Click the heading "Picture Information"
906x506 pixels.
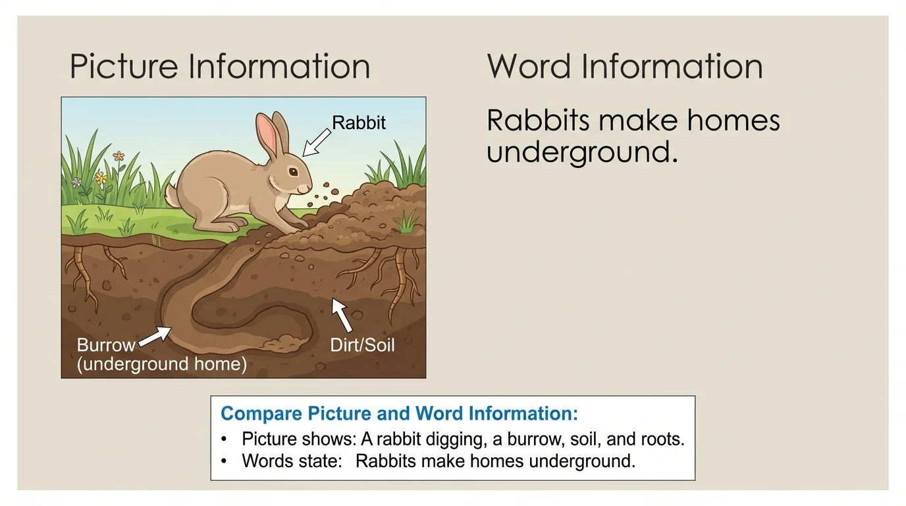click(x=219, y=67)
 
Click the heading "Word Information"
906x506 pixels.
click(x=625, y=67)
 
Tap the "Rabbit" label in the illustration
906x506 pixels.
click(x=359, y=123)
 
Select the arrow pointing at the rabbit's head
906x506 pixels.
click(x=317, y=142)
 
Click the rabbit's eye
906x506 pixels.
click(x=292, y=172)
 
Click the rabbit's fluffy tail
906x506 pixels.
click(x=172, y=195)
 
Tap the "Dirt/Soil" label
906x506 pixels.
click(x=362, y=345)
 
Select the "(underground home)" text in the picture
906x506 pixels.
click(x=162, y=364)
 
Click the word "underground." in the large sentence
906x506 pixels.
click(x=582, y=152)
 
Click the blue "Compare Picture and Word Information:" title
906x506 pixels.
click(x=399, y=414)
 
